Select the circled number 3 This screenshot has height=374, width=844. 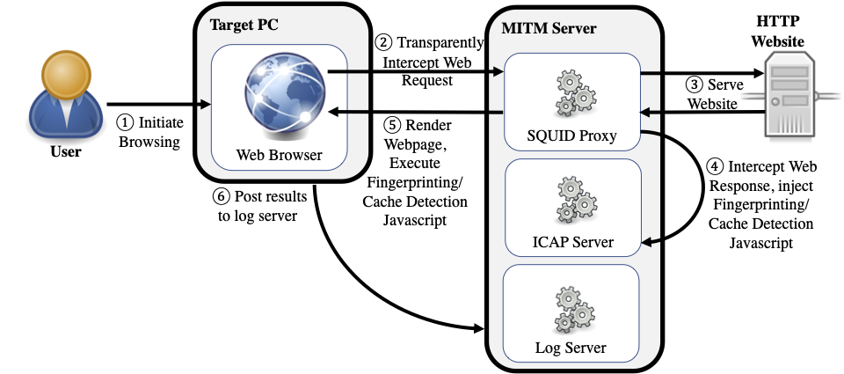pyautogui.click(x=695, y=85)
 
